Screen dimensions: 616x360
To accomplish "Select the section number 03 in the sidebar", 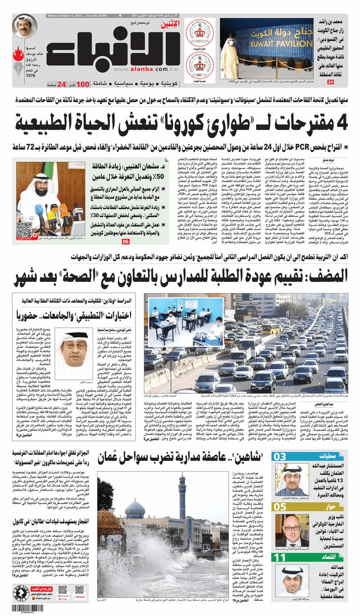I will tap(280, 457).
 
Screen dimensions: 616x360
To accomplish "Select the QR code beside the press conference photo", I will tap(24, 230).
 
